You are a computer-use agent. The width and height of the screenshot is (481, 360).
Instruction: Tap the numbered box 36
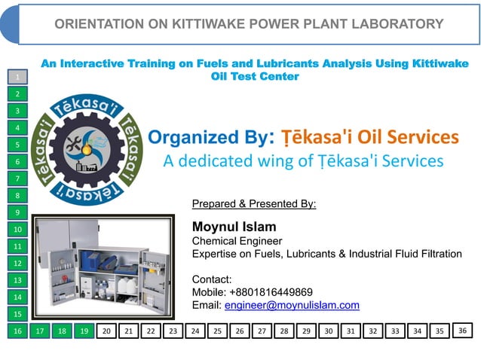(x=463, y=330)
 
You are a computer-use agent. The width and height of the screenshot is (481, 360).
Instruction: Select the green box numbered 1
(x=17, y=76)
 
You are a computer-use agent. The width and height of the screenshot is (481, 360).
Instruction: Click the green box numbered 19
(x=84, y=331)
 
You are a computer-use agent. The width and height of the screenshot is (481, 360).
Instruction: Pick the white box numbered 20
(x=106, y=331)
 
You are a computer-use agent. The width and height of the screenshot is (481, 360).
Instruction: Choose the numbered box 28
(x=284, y=331)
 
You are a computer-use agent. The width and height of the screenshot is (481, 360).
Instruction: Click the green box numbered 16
(x=17, y=331)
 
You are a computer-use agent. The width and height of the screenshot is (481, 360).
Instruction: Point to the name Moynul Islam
(x=234, y=227)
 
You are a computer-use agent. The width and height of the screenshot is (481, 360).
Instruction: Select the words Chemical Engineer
(x=237, y=241)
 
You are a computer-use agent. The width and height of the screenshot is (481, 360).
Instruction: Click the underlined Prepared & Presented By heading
(x=254, y=203)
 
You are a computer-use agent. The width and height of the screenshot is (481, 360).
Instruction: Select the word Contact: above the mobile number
(x=212, y=279)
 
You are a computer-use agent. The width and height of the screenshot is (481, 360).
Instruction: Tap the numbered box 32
(x=373, y=331)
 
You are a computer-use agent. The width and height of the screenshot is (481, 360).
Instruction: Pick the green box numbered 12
(x=17, y=263)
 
